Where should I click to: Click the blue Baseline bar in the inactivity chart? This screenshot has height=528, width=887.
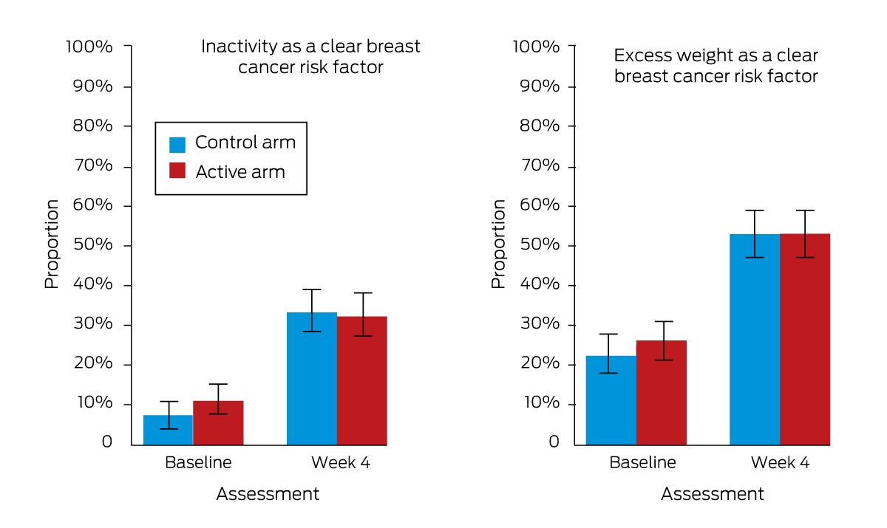[x=169, y=430]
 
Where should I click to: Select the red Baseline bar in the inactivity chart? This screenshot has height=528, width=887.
[x=218, y=423]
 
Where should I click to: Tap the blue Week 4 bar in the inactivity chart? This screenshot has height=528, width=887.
[x=312, y=379]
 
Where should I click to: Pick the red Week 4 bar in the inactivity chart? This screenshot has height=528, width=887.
[x=362, y=380]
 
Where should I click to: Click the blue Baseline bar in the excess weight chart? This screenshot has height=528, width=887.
[x=611, y=400]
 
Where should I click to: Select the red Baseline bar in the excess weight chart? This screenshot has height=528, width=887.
[x=662, y=393]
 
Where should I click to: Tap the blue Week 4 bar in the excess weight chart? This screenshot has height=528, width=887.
[x=755, y=340]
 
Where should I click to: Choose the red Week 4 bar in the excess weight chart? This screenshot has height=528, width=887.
[x=805, y=340]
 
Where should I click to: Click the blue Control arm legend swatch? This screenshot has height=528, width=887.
[x=177, y=145]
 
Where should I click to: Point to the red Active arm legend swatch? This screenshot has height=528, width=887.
[x=177, y=171]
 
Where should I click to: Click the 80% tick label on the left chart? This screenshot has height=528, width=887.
[x=92, y=126]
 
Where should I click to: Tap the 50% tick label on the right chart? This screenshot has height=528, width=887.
[x=540, y=244]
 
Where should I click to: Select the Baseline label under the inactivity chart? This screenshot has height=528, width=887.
[x=198, y=462]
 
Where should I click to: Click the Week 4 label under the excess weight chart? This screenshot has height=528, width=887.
[x=780, y=462]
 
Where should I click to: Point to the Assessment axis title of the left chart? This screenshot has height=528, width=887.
[x=268, y=493]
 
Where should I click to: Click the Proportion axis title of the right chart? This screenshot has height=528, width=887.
[x=498, y=244]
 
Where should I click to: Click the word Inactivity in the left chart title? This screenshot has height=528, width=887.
[x=239, y=47]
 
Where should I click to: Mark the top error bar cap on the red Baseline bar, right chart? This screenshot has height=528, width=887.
[x=664, y=321]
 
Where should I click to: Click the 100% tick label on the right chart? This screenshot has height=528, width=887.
[x=536, y=47]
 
